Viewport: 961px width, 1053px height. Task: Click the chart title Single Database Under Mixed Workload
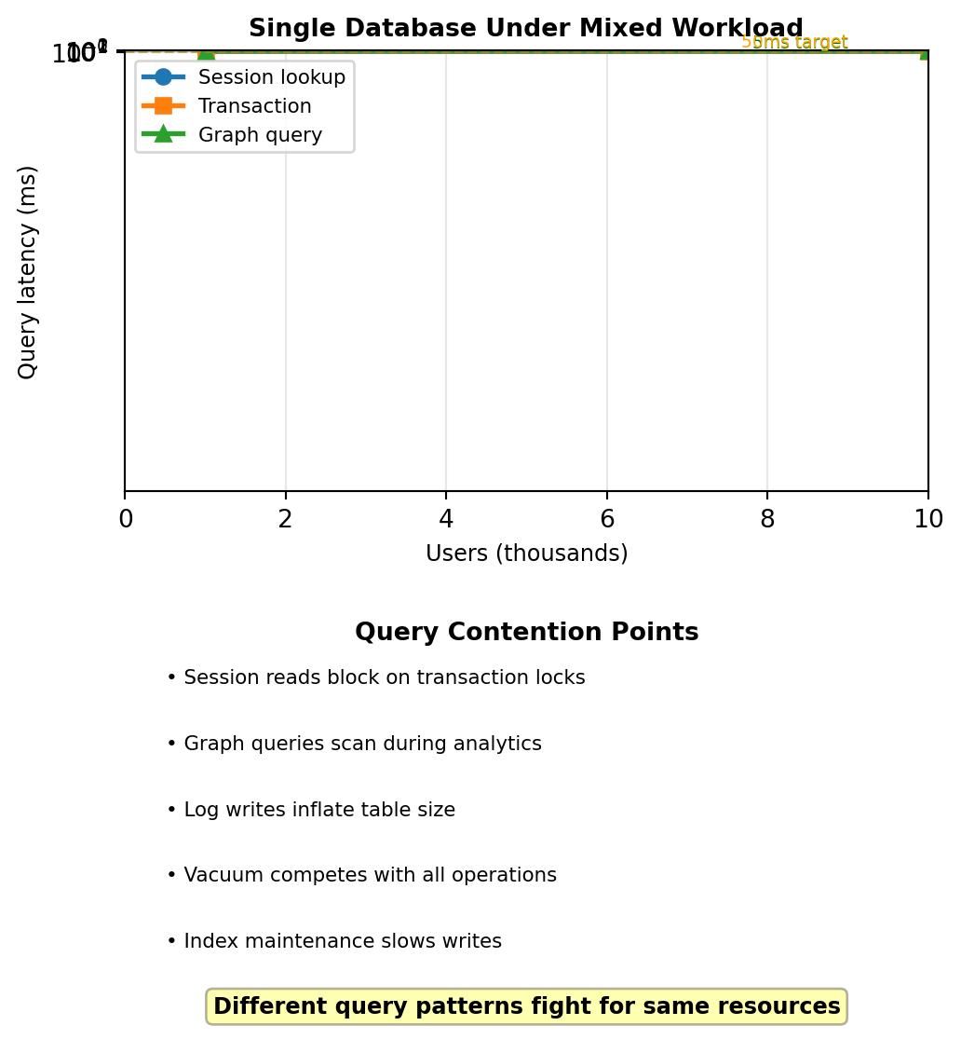525,29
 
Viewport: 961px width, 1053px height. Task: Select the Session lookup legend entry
272,77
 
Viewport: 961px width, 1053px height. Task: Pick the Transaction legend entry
254,106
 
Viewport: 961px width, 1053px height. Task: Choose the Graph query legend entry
260,135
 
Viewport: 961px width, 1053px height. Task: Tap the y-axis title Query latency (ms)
28,272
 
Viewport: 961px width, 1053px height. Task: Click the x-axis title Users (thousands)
526,554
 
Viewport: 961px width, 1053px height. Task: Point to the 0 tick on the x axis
126,520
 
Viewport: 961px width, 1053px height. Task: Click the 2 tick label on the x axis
286,520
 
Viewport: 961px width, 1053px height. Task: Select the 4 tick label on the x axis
446,520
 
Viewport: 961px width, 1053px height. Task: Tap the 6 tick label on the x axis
607,520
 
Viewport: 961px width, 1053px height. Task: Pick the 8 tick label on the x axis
767,520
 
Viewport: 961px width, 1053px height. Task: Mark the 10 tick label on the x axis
928,520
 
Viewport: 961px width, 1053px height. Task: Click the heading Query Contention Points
526,633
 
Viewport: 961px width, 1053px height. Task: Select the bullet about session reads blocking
375,678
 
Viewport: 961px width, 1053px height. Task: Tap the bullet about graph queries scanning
354,744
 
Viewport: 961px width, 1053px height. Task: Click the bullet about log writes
311,810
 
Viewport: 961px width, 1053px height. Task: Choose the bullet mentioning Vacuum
361,875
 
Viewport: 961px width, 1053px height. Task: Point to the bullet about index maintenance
333,941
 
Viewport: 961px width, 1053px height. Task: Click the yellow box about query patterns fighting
526,1006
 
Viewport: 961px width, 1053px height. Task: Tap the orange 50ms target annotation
794,42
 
